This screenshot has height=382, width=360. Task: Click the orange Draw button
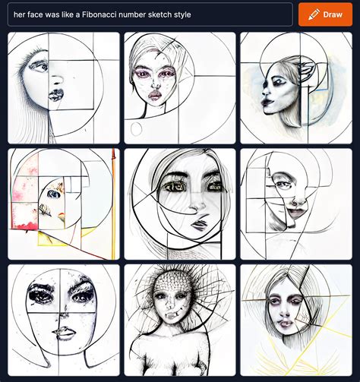325,14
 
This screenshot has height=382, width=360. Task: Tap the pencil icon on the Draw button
311,14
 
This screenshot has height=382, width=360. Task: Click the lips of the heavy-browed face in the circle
65,332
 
